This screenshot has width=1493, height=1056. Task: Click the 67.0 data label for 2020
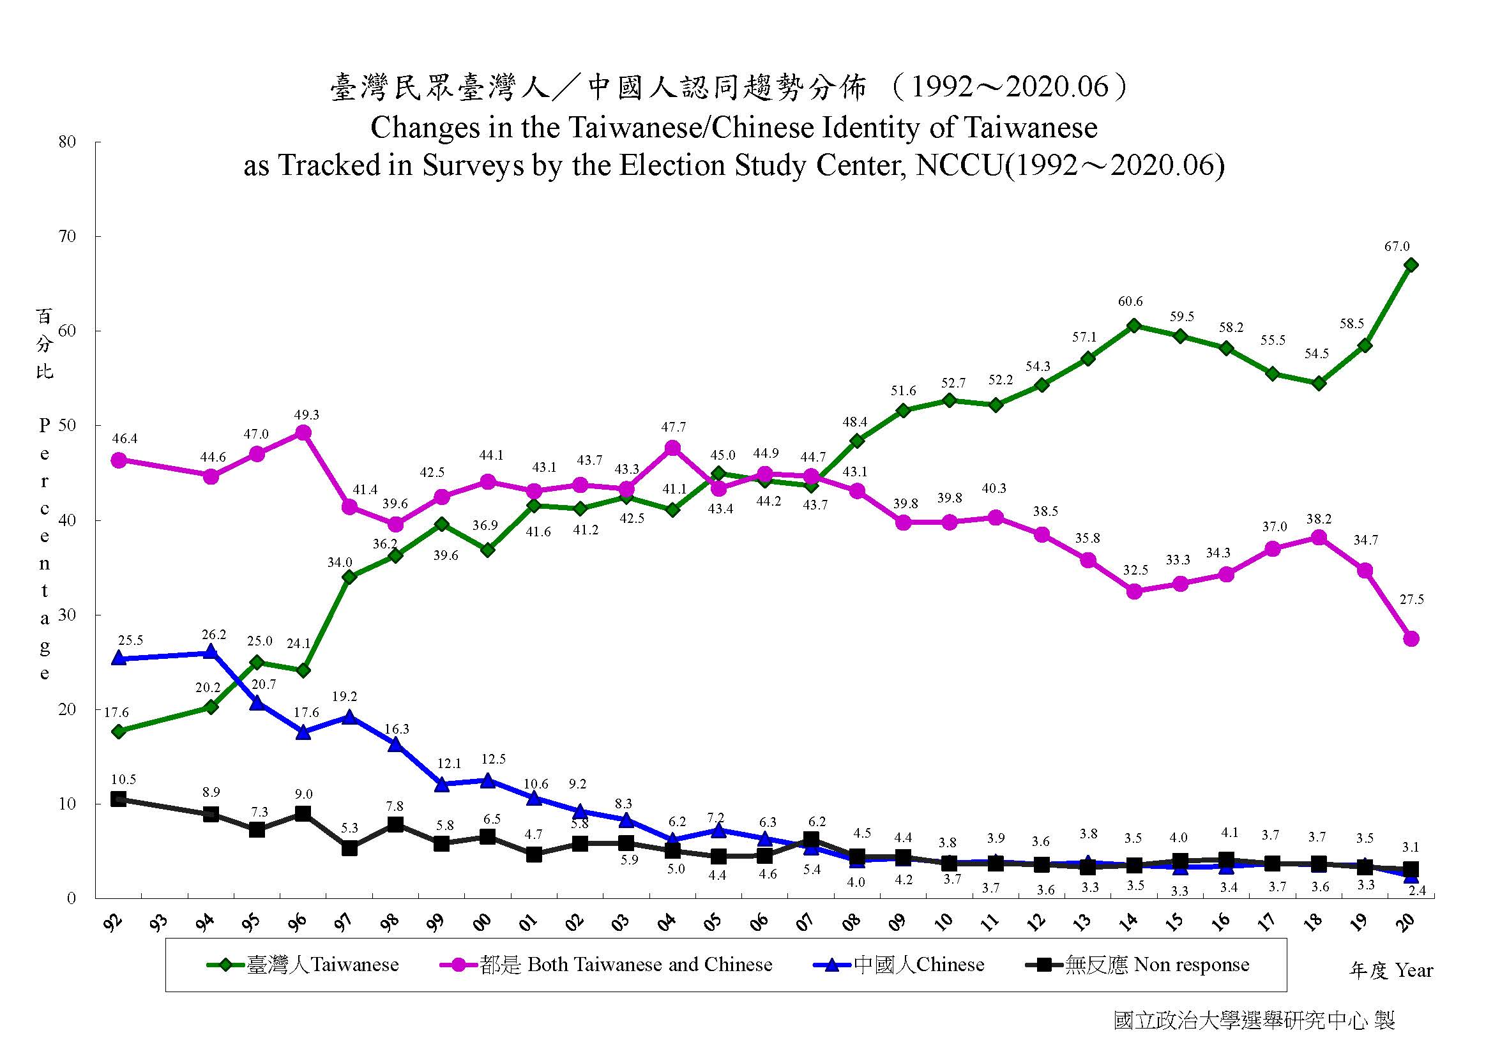coord(1397,247)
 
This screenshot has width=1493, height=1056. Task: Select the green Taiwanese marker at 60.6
coord(1134,326)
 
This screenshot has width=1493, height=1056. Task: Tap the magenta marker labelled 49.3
coord(303,433)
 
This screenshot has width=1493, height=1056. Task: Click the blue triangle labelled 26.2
coord(211,653)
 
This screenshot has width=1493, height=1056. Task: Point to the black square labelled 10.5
coord(118,799)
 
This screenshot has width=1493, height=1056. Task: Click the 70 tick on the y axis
coord(67,237)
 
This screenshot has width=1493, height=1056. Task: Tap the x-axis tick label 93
coord(158,921)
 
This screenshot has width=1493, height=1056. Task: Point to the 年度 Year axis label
coord(1390,971)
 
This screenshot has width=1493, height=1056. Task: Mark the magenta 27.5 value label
coord(1411,600)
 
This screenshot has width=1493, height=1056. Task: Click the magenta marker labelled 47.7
coord(673,448)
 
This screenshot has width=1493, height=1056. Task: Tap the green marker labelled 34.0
coord(349,577)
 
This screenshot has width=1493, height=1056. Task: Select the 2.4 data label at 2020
coord(1416,891)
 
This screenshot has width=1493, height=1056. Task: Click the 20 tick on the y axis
coord(67,709)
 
